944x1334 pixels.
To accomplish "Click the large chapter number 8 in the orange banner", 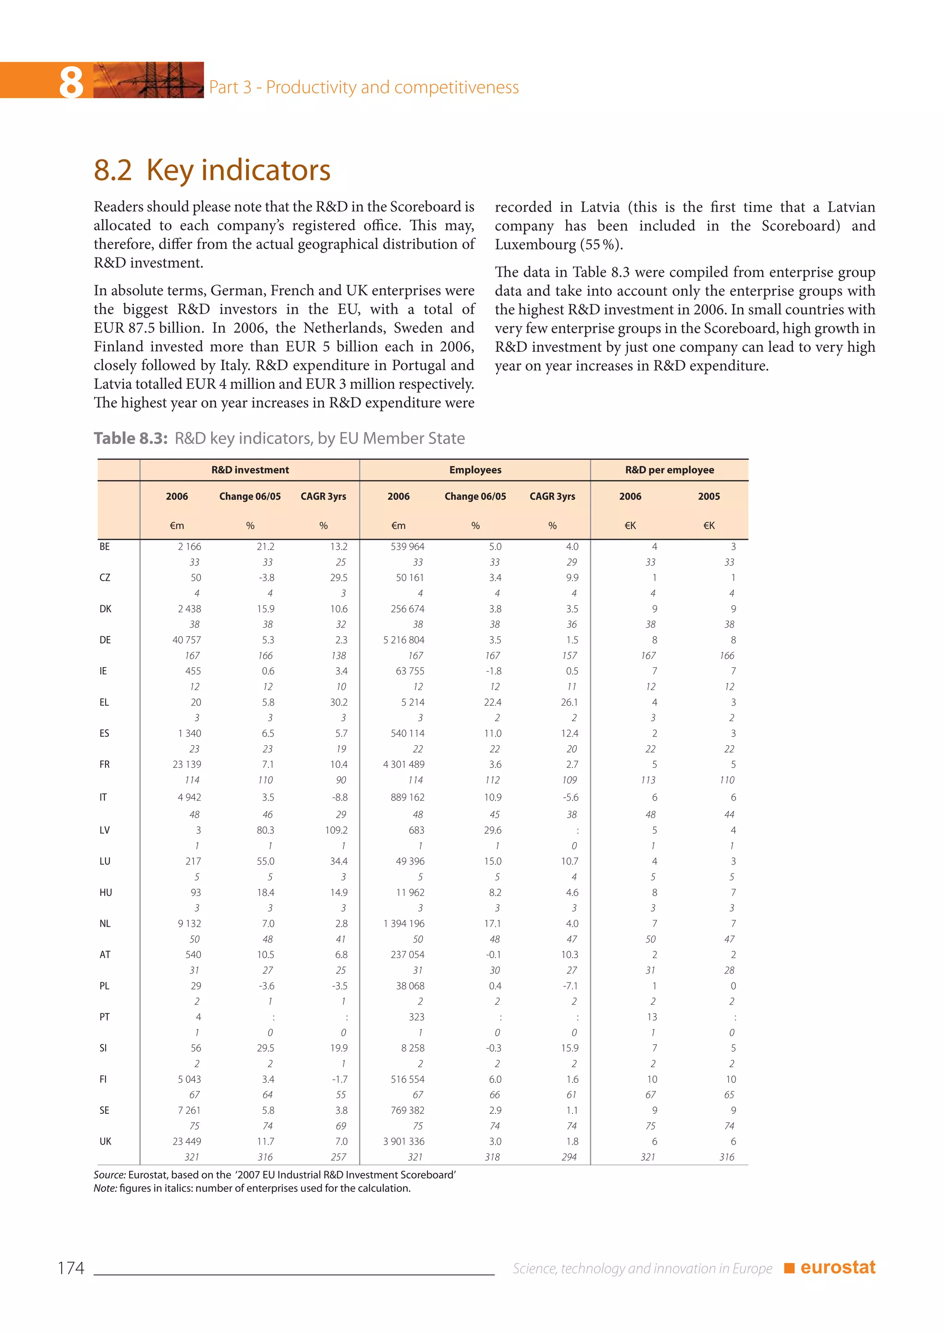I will pyautogui.click(x=71, y=82).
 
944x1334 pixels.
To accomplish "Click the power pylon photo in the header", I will pyautogui.click(x=149, y=80).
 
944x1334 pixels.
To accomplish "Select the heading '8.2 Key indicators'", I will pyautogui.click(x=212, y=170).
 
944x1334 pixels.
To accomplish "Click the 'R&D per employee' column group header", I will pyautogui.click(x=669, y=469).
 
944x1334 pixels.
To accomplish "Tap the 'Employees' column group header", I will pyautogui.click(x=475, y=469).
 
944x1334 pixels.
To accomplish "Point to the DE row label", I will pyautogui.click(x=105, y=640).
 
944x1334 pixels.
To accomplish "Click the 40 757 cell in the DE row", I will pyautogui.click(x=187, y=640).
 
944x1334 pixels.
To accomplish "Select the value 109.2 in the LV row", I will pyautogui.click(x=336, y=830).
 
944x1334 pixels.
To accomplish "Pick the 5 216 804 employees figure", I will pyautogui.click(x=403, y=640).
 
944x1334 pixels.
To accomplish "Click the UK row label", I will pyautogui.click(x=105, y=1141).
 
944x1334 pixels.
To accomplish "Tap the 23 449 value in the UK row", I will pyautogui.click(x=187, y=1141).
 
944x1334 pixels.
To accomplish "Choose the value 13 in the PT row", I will pyautogui.click(x=652, y=1017).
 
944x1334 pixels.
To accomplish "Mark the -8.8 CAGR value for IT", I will pyautogui.click(x=340, y=797).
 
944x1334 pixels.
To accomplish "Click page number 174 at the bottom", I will pyautogui.click(x=71, y=1268).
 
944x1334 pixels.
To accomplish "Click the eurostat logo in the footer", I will pyautogui.click(x=837, y=1267).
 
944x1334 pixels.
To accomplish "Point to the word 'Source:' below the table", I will pyautogui.click(x=109, y=1174).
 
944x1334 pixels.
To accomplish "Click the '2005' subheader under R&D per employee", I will pyautogui.click(x=708, y=496).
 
